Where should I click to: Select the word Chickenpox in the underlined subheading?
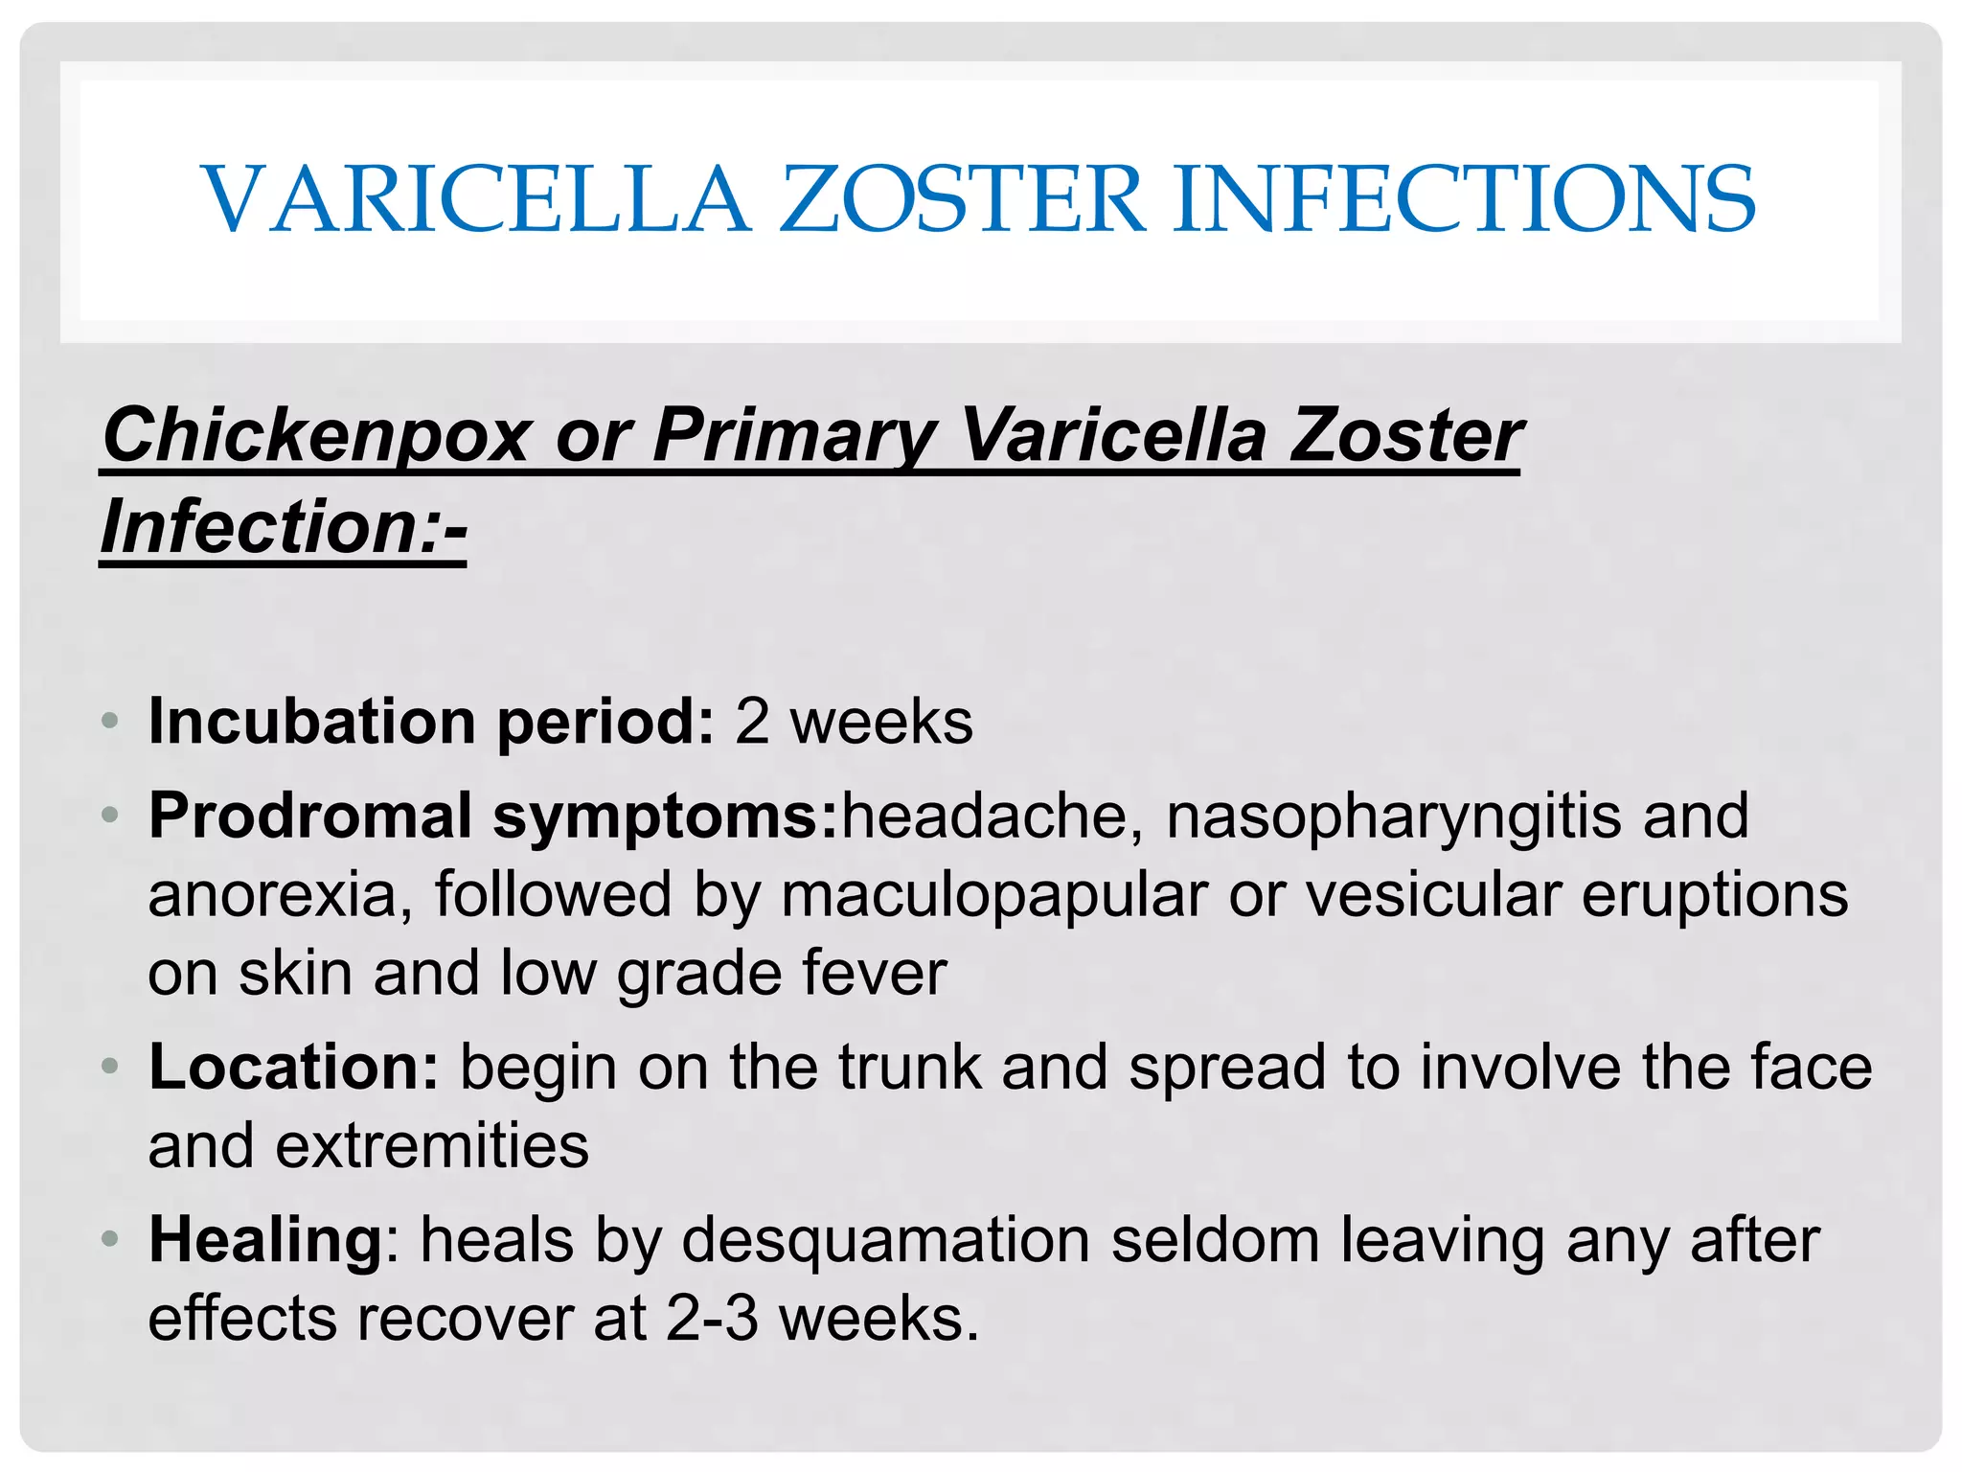[x=316, y=436]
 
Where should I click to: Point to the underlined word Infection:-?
[x=284, y=527]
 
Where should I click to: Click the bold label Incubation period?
[x=431, y=721]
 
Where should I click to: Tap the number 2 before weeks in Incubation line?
[x=752, y=721]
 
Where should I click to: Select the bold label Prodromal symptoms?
[x=493, y=816]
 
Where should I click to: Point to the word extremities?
[x=432, y=1145]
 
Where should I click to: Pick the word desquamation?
[x=886, y=1241]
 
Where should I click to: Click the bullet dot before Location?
[x=110, y=1067]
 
